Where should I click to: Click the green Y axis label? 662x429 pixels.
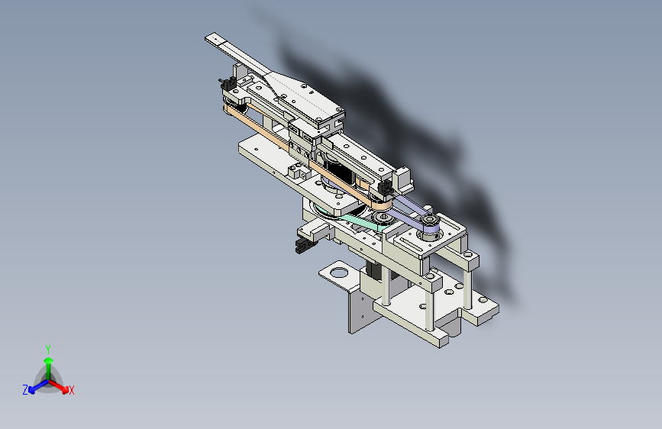(48, 350)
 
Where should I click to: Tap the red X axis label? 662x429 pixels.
(72, 390)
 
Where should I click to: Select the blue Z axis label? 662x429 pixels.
(25, 390)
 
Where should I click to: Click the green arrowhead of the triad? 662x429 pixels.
(49, 361)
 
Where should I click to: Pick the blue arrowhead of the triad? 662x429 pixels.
(32, 390)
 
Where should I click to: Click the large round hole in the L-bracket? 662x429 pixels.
(338, 273)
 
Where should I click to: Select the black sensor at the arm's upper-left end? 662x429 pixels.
(227, 84)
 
